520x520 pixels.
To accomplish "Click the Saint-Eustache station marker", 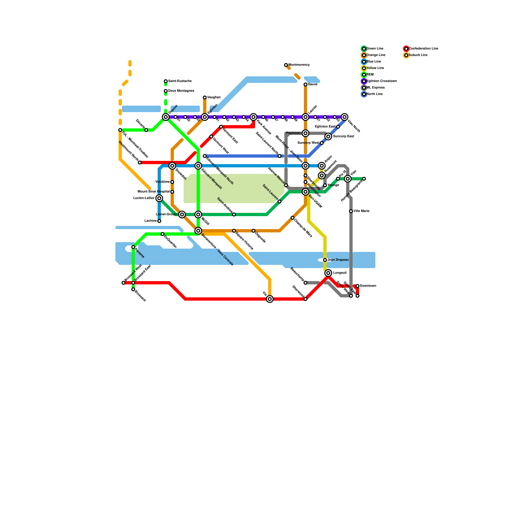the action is (x=166, y=81).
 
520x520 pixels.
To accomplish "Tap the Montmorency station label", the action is (x=299, y=65).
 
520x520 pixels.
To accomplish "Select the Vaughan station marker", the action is (x=205, y=97).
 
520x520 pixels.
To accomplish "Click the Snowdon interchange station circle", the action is (x=172, y=166).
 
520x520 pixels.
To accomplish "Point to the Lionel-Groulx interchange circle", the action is (x=182, y=214).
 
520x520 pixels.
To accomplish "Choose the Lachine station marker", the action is (x=159, y=221).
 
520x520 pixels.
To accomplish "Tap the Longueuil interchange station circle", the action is (x=328, y=273).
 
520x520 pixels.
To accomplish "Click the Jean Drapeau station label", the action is (x=338, y=260).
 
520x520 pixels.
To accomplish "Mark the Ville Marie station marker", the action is (x=351, y=211).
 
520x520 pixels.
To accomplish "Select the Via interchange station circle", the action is (x=270, y=299).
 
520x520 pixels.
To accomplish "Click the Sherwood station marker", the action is (x=305, y=299).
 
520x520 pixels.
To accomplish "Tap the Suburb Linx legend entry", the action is (x=418, y=55).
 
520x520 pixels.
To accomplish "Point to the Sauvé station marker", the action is (x=305, y=84).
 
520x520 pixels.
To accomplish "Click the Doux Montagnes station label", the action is (x=181, y=91).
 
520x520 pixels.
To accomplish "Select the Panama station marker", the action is (x=133, y=247).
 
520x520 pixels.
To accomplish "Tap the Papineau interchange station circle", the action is (x=305, y=133).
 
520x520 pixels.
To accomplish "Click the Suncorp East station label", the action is (x=344, y=136).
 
